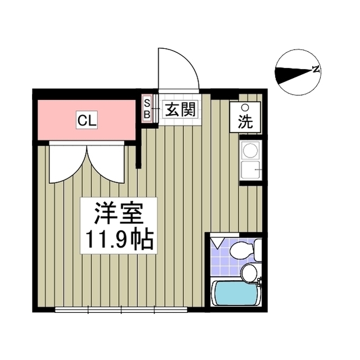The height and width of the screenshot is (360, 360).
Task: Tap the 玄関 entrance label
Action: click(x=179, y=109)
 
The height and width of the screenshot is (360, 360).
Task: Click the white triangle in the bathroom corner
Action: click(x=217, y=243)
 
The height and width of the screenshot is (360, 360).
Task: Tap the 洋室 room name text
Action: click(x=119, y=213)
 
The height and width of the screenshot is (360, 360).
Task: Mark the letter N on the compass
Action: click(x=317, y=70)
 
